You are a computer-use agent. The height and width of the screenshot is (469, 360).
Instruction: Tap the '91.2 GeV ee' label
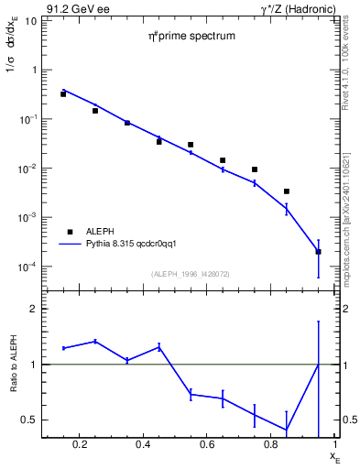point(69,9)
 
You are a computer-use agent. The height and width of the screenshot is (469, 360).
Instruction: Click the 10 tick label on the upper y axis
point(29,20)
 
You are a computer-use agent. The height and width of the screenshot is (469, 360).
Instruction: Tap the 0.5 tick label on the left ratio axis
point(28,420)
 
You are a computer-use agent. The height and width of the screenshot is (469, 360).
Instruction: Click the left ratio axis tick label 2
point(32,310)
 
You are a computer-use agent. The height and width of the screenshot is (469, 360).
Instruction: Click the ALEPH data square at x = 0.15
point(63,93)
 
